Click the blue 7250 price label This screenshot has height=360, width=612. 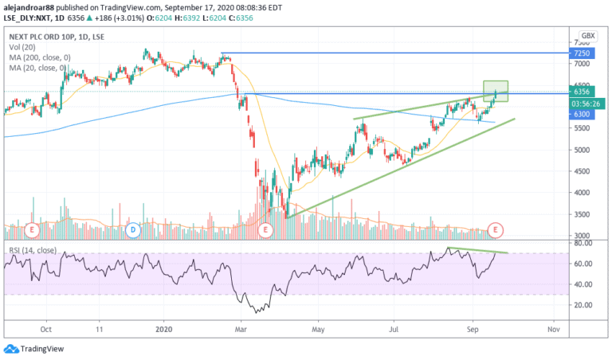coord(582,53)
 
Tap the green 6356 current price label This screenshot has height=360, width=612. coord(582,92)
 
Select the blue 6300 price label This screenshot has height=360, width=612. coord(582,114)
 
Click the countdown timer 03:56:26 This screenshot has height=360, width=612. coord(586,104)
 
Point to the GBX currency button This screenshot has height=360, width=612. coord(588,36)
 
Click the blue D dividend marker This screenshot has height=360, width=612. coord(133,229)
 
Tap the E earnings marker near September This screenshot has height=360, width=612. coord(496,229)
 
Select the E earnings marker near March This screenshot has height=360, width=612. coord(265,229)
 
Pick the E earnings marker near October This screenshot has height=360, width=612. coord(32,229)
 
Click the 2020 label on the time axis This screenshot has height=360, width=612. coord(163,330)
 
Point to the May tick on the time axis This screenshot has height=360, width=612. coord(318,330)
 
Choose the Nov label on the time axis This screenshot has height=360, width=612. coord(554,330)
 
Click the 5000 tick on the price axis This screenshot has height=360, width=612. coord(582,150)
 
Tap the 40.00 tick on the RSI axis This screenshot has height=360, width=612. coord(583,284)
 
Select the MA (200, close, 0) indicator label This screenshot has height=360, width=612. coord(40,57)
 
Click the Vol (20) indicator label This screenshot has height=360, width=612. coord(22,47)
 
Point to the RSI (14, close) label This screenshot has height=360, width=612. coord(33,250)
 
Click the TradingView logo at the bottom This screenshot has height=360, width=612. coord(33,349)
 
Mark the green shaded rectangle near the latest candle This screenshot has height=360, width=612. coord(496,92)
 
